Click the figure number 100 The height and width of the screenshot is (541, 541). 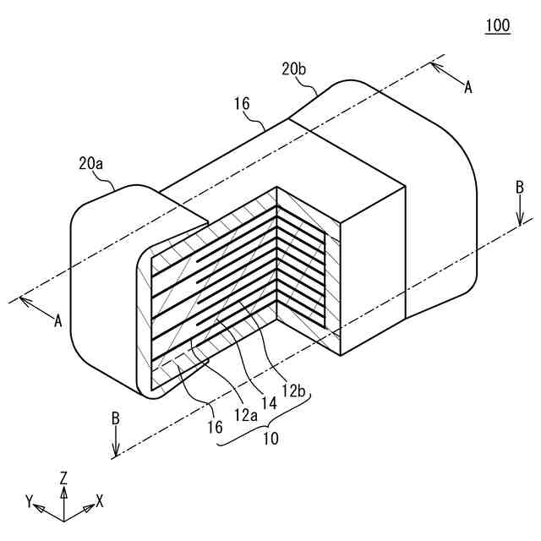tap(498, 25)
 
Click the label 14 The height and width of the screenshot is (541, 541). tap(269, 403)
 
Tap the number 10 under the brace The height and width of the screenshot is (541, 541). tap(270, 440)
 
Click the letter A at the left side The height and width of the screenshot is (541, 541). tap(57, 320)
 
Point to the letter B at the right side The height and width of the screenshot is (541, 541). tap(520, 189)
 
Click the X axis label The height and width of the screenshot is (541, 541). tap(99, 500)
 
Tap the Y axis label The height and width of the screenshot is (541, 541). tap(30, 501)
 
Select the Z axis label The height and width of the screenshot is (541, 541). tap(63, 478)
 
